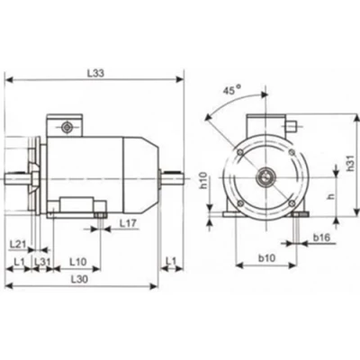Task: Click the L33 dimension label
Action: pyautogui.click(x=95, y=74)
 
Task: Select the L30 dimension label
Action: pyautogui.click(x=79, y=279)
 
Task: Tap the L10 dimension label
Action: pyautogui.click(x=78, y=262)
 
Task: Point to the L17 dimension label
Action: pyautogui.click(x=128, y=223)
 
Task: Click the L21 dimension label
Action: pyautogui.click(x=19, y=244)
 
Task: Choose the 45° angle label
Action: pyautogui.click(x=231, y=90)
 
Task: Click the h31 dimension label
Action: pyautogui.click(x=350, y=163)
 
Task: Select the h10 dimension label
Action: pyautogui.click(x=203, y=180)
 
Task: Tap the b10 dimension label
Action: pyautogui.click(x=266, y=257)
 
